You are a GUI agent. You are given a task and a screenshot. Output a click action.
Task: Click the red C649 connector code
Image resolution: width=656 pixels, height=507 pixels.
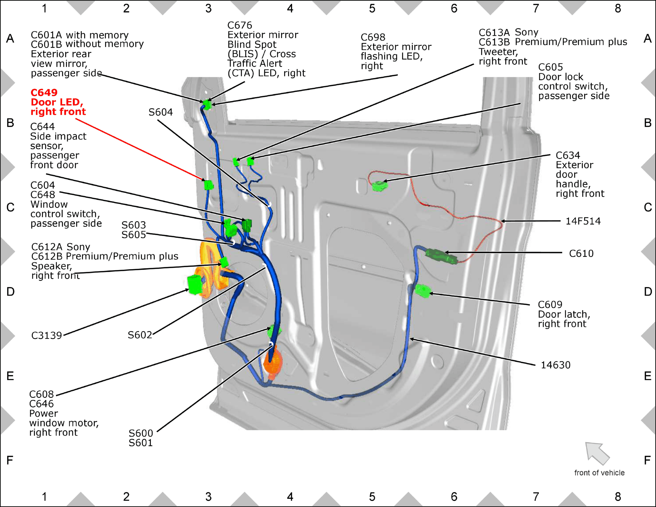tap(44, 92)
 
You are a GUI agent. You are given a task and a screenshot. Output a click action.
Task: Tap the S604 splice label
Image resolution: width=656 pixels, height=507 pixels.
tap(160, 112)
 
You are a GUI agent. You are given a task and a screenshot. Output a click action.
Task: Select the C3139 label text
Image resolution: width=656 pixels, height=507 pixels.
tap(47, 335)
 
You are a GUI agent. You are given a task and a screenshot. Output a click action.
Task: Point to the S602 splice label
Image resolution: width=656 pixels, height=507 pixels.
tap(140, 335)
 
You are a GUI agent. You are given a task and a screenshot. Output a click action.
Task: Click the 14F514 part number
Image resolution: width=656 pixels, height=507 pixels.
tap(583, 221)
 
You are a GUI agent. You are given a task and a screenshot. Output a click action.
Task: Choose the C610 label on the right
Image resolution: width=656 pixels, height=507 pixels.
tap(581, 253)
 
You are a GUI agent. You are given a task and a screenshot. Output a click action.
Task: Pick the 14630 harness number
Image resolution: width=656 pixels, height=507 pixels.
tap(556, 365)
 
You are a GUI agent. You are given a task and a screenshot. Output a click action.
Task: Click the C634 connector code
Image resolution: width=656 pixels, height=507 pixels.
tap(568, 155)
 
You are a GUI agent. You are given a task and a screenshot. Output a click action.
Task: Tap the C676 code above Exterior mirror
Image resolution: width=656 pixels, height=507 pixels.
tap(240, 25)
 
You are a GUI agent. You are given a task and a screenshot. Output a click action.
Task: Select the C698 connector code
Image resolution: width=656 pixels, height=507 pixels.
tap(373, 37)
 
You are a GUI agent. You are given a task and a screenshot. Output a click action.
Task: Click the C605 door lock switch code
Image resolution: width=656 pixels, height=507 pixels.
tap(551, 67)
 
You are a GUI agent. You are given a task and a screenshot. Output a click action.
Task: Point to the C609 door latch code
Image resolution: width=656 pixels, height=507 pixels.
tap(550, 304)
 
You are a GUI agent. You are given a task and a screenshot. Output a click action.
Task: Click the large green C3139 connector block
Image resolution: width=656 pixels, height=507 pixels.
tap(195, 284)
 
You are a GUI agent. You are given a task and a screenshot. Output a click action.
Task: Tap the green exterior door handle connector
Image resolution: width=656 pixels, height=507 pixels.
tap(379, 186)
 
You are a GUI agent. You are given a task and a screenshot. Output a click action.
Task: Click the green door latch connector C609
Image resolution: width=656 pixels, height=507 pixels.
tap(423, 291)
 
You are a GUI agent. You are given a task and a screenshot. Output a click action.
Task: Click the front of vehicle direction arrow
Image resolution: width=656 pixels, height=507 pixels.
tap(597, 453)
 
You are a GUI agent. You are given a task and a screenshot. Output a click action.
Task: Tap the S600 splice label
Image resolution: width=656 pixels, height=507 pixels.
tap(141, 433)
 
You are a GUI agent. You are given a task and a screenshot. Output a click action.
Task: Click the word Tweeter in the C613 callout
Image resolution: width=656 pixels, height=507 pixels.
tap(498, 52)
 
